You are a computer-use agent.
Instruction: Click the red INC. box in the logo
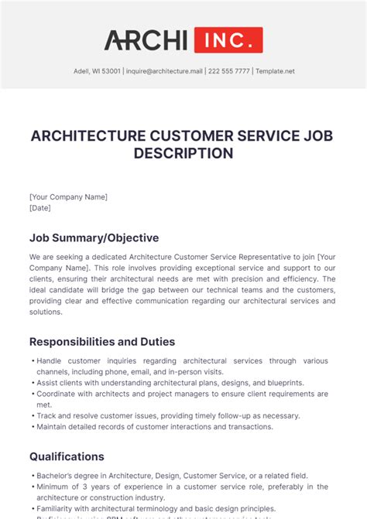coord(228,39)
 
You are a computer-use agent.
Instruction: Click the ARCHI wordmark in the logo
coord(146,39)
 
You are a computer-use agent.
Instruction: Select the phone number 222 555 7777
coord(228,71)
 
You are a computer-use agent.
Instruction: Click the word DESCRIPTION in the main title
coord(183,153)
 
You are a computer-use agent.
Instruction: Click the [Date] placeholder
coord(39,208)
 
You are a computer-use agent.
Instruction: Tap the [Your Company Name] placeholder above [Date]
coord(68,197)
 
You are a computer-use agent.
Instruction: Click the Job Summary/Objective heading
coord(94,237)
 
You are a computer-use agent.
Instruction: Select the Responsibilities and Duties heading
coord(102,341)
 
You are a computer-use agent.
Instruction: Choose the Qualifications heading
coord(67,456)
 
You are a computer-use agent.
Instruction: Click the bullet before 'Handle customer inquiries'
coord(32,361)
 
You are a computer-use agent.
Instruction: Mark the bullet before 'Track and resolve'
coord(32,416)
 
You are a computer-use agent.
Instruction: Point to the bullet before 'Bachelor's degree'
coord(32,476)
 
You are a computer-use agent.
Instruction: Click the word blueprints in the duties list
coord(282,383)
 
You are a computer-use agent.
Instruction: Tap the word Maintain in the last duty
coord(54,427)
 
